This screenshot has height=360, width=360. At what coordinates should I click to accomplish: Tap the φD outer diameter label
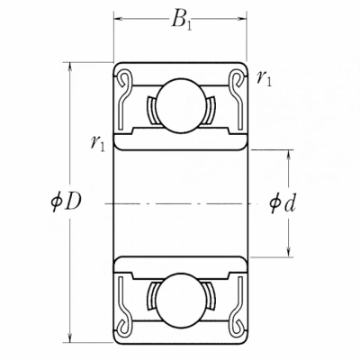click(66, 202)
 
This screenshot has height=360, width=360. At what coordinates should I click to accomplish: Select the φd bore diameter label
click(283, 202)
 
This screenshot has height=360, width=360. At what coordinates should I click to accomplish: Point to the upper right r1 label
click(264, 79)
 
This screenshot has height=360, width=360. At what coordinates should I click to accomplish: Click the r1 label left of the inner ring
click(98, 143)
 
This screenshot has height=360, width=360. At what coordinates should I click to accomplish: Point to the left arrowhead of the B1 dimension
click(120, 19)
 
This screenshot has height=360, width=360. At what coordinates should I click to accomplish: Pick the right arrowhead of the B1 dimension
click(240, 19)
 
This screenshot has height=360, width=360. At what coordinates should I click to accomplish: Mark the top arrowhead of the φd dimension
click(288, 156)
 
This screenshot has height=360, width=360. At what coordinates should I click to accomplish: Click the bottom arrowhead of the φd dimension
click(288, 251)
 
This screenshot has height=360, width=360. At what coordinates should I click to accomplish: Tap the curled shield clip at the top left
click(124, 79)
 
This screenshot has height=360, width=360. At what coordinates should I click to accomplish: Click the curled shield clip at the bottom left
click(124, 326)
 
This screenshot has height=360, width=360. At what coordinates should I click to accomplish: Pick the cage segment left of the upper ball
click(151, 111)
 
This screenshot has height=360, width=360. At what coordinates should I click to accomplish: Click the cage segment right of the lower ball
click(211, 295)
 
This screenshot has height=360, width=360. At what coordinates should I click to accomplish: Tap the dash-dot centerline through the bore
click(180, 203)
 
